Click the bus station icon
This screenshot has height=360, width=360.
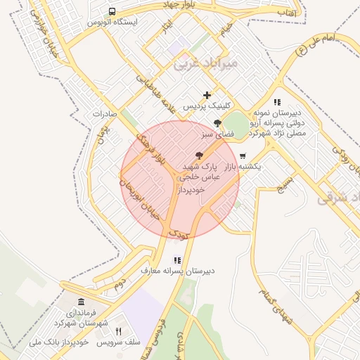point(112,11)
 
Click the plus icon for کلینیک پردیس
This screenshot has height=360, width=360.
point(207,95)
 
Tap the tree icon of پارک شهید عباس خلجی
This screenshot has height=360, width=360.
point(200,155)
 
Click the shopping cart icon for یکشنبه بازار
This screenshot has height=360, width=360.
point(243,156)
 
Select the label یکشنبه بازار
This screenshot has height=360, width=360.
point(243,167)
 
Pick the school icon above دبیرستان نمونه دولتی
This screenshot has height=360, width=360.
point(277,102)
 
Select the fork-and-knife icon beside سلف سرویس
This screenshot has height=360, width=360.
point(118,331)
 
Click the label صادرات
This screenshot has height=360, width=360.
point(103,113)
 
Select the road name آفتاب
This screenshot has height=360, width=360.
point(285,12)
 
